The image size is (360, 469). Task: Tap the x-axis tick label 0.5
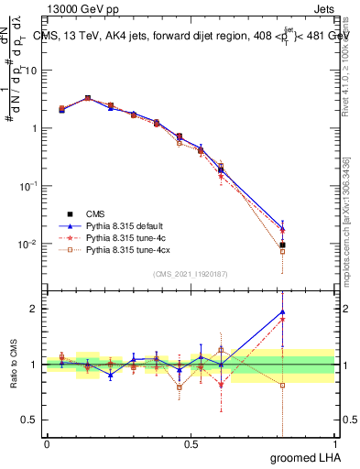[191, 444]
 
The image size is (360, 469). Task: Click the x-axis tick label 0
[47, 444]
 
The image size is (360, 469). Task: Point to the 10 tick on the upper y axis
[31, 69]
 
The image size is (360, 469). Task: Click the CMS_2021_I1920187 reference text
[191, 274]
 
